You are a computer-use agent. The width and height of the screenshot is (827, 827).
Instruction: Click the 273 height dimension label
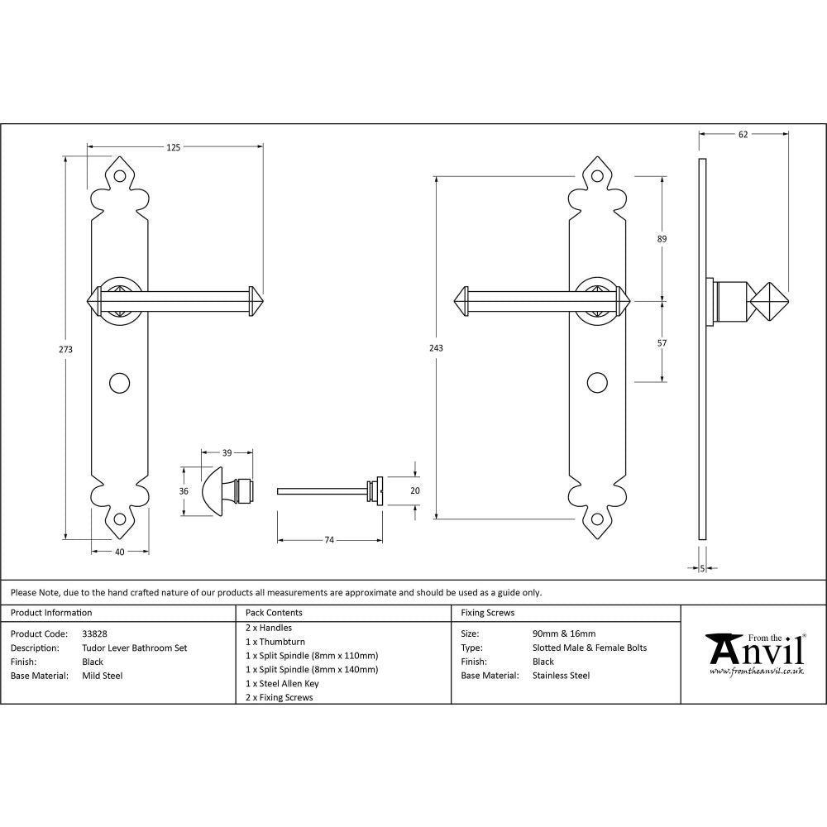point(66,349)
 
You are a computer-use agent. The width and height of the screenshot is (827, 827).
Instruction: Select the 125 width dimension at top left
point(173,147)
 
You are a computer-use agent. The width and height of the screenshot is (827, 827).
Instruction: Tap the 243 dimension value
point(437,348)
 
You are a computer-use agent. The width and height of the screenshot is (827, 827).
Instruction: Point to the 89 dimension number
point(662,239)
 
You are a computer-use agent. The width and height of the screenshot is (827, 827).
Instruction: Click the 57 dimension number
point(662,342)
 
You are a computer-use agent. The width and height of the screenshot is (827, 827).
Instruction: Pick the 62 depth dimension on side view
point(743,135)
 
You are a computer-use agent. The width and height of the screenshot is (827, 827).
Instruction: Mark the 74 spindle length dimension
point(329,540)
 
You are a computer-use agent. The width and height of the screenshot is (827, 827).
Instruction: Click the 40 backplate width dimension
point(120,552)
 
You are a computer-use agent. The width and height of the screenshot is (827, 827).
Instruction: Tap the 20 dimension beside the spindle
point(415,490)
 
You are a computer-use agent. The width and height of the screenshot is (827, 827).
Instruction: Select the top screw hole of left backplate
point(121,177)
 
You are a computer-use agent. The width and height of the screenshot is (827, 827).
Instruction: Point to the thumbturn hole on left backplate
point(121,383)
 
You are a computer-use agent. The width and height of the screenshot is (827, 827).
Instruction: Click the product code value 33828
point(95,633)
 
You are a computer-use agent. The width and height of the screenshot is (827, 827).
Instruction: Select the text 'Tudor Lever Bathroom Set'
point(134,648)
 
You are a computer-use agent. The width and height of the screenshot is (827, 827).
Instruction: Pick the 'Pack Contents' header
point(274,613)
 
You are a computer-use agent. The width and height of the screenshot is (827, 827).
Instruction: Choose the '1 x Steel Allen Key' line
point(282,683)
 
